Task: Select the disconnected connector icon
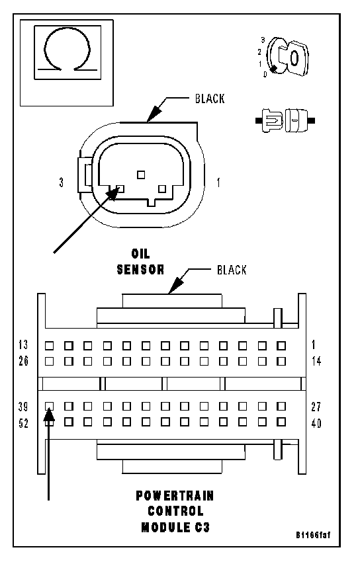[x=285, y=120]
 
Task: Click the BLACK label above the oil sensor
[x=210, y=99]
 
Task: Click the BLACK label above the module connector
[x=232, y=270]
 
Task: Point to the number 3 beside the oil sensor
[x=62, y=182]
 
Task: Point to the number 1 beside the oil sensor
[x=218, y=182]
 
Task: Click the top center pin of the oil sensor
[x=141, y=175]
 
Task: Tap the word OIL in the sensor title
[x=140, y=254]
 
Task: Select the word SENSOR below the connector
[x=140, y=270]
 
